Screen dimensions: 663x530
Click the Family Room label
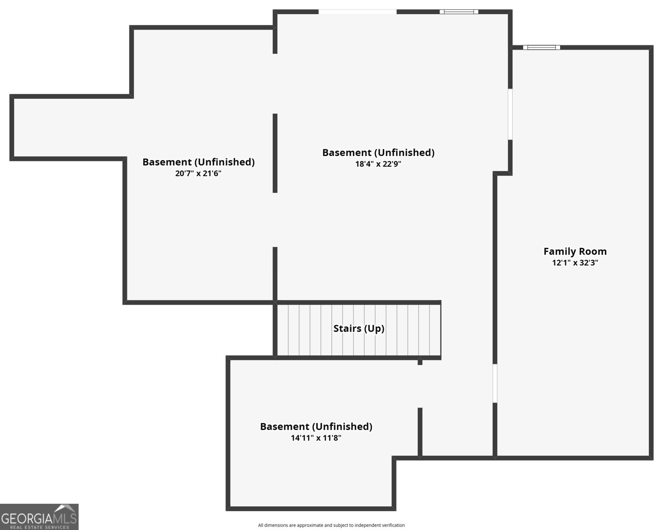[x=575, y=251]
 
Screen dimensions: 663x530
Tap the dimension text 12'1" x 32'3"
[x=575, y=263]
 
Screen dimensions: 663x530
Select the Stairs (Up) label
[x=359, y=329]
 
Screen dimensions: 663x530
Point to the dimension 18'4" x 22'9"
[x=378, y=164]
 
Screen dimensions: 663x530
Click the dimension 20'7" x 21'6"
[x=198, y=173]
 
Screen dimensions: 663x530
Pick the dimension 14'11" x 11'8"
[x=316, y=438]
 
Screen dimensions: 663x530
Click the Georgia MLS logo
[x=39, y=517]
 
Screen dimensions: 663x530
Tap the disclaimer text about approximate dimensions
[x=331, y=525]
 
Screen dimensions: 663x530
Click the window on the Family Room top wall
[x=541, y=47]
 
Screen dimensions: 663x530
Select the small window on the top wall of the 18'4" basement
[x=459, y=12]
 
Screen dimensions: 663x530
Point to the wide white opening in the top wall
[x=358, y=12]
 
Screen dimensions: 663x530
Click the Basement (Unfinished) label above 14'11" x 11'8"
[x=316, y=427]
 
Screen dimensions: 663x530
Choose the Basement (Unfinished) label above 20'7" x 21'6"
[x=198, y=162]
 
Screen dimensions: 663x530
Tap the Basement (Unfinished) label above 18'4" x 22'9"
[x=378, y=153]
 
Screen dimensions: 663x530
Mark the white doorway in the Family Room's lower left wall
[x=495, y=383]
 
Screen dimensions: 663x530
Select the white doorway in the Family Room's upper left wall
[x=510, y=114]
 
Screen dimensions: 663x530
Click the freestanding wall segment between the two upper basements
[x=275, y=153]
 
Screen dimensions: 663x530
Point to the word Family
[x=557, y=252]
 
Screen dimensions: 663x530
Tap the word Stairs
[x=347, y=328]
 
